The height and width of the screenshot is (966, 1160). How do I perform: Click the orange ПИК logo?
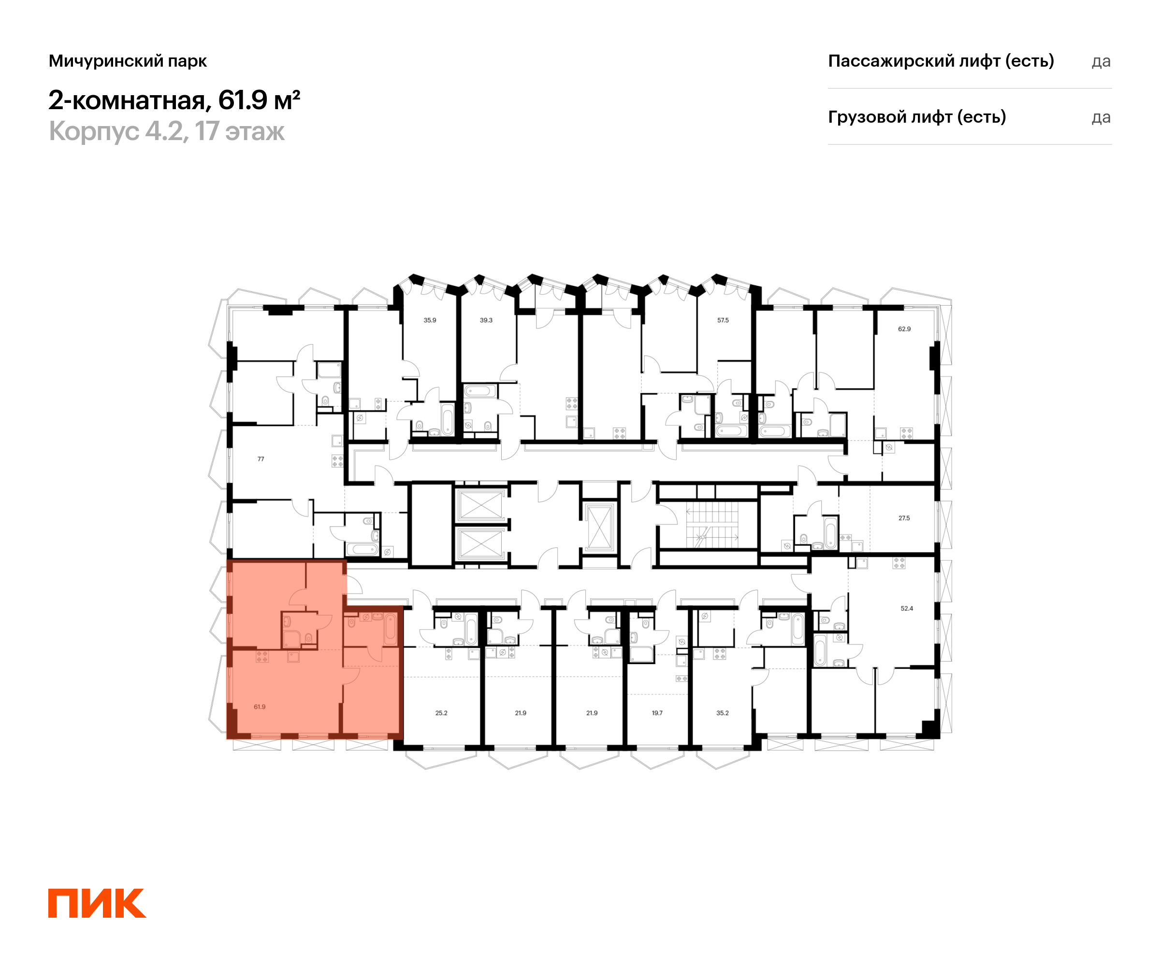click(x=97, y=903)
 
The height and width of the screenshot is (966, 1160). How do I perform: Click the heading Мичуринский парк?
click(x=128, y=61)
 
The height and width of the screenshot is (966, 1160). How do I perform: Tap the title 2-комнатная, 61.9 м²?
click(x=174, y=100)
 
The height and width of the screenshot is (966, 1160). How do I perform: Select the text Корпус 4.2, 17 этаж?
click(x=167, y=131)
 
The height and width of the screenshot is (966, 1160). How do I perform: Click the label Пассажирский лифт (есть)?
click(x=941, y=61)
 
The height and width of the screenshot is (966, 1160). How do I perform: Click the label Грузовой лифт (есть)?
click(x=917, y=117)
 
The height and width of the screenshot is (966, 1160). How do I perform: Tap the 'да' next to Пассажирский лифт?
click(x=1101, y=62)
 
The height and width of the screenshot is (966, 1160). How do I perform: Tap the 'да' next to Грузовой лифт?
click(x=1101, y=117)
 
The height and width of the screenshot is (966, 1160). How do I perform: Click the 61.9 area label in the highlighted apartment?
click(x=260, y=707)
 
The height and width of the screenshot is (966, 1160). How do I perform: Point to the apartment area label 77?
click(x=261, y=459)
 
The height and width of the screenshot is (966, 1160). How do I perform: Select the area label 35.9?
click(x=430, y=320)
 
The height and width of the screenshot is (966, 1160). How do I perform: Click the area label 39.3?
click(x=486, y=320)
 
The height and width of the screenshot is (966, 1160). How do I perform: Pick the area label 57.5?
click(x=723, y=320)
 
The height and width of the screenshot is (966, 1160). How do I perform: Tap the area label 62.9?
click(x=904, y=329)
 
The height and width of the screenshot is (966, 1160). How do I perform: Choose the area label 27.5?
click(x=904, y=518)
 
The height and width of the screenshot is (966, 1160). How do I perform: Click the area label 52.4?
click(x=907, y=608)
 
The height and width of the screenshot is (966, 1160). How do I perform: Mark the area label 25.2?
click(x=441, y=713)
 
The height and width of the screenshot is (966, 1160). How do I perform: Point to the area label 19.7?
click(x=657, y=713)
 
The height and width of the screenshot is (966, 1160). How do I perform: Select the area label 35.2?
click(x=723, y=713)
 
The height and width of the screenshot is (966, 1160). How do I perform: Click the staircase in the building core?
click(x=712, y=525)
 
